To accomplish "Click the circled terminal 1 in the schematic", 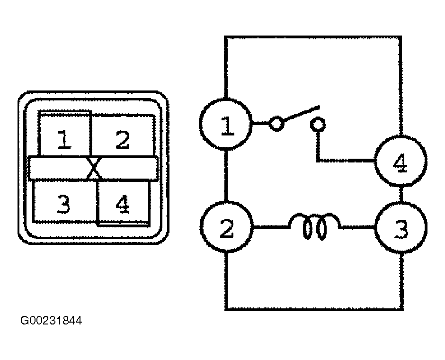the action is pos(226,125).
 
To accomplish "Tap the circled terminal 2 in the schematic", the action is pos(226,227).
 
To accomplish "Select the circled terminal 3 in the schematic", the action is pos(401,227).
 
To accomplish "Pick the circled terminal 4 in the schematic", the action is pos(400,161).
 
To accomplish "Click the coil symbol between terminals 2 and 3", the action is pos(314,226).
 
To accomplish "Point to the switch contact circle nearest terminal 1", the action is pos(276,124).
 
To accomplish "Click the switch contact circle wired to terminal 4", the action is pos(318,125).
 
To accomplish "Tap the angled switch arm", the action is pos(302,113).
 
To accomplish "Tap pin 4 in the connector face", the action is pos(123,204).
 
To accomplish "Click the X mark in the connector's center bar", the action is pos(94,168).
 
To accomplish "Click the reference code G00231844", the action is pos(51,321).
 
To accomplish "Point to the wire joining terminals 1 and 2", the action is pos(226,176).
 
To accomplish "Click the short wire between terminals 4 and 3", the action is pos(401,194).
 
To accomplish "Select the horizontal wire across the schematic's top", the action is pos(313,37).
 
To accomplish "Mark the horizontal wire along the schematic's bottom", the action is pos(314,309).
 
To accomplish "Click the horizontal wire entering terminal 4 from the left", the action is pos(346,161).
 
